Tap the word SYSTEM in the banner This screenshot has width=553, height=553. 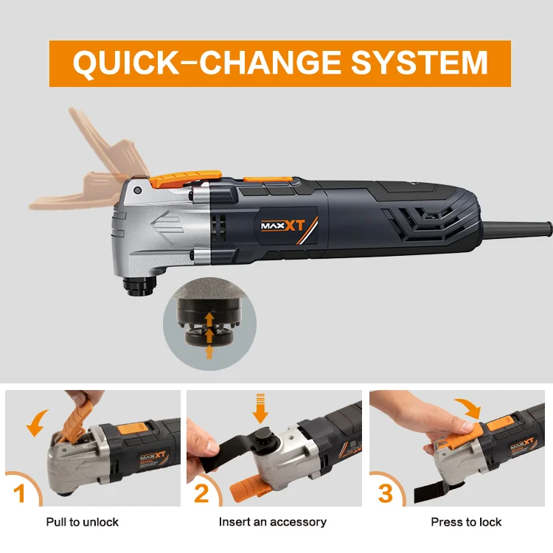coord(419,63)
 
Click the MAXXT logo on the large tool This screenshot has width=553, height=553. coord(283,226)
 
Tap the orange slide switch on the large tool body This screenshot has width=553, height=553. coord(268,179)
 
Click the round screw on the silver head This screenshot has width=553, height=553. coord(138,191)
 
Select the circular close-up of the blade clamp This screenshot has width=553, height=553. coord(209,324)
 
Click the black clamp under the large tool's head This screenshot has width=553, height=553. coord(139,285)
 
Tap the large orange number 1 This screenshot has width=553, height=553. coord(19,493)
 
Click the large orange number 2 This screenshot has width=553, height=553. coord(201,493)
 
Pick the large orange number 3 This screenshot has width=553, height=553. coord(385,493)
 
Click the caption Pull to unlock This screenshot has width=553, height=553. coord(82,522)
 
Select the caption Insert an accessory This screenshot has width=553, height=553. coord(273,522)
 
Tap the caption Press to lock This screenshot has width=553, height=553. coord(466,522)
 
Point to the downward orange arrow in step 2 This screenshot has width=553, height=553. coord(260,408)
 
